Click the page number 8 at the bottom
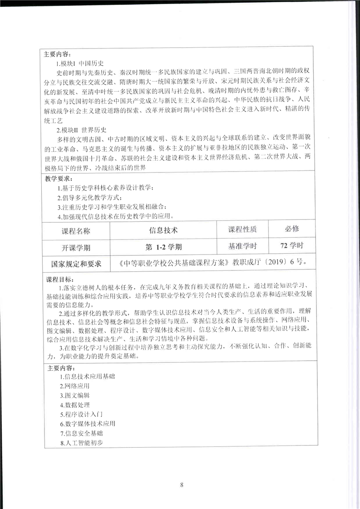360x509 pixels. point(182,485)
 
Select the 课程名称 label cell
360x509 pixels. point(76,230)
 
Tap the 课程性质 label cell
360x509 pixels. point(242,229)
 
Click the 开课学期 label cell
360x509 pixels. point(76,247)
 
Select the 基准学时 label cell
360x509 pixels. point(242,246)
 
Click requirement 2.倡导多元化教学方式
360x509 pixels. point(89,197)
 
